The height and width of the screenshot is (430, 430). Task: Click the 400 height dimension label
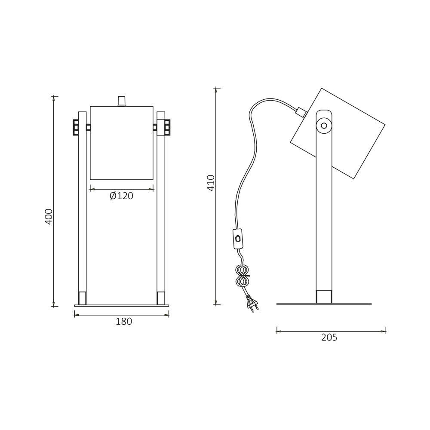point(49,216)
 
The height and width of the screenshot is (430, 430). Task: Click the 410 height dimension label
point(211,183)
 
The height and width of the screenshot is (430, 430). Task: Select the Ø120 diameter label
point(121,196)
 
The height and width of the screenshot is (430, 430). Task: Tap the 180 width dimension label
point(124,322)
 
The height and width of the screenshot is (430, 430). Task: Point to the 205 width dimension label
point(329,338)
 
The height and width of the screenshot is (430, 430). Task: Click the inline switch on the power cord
point(237,239)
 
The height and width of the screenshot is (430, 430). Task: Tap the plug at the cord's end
point(252,304)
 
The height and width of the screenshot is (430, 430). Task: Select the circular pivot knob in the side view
point(324,126)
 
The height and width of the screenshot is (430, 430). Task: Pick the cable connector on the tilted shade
point(301,112)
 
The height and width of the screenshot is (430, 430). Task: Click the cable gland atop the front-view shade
point(122,101)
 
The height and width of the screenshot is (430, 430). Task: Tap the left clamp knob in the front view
point(76,127)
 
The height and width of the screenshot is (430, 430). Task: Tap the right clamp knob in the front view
point(167,127)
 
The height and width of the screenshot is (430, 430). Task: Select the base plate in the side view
point(324,304)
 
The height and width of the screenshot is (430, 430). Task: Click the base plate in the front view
point(122,306)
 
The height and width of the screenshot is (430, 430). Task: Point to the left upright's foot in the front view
point(82,298)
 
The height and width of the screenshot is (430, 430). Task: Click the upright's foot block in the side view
point(324,296)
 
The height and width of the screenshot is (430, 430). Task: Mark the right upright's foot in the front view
point(161,298)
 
